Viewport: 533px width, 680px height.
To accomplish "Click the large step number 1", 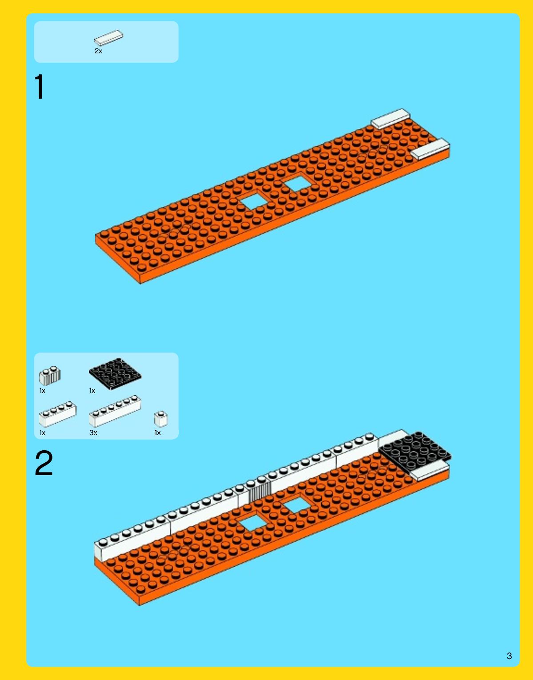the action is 40,87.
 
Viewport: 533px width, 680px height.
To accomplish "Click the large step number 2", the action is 44,463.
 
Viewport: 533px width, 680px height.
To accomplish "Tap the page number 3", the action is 509,656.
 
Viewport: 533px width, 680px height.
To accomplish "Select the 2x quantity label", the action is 98,51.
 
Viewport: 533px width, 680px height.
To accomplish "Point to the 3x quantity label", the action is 93,433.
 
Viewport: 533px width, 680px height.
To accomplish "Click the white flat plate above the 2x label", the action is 108,38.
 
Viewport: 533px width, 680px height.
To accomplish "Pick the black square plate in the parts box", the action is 115,374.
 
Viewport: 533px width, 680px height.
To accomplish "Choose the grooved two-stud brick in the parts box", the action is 50,376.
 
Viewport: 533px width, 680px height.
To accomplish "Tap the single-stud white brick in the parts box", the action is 161,419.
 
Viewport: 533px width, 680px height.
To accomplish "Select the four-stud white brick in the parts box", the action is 58,414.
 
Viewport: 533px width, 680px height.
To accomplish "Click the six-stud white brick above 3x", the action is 115,411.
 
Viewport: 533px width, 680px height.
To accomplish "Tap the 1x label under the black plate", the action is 92,391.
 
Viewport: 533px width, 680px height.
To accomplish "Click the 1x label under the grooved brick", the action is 42,391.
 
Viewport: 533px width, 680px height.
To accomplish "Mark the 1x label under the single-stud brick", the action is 157,433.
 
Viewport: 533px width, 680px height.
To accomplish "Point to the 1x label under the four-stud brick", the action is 42,433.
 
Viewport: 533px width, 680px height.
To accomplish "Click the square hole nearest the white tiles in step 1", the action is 298,184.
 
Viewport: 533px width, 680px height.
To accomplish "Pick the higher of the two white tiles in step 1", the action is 390,119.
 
